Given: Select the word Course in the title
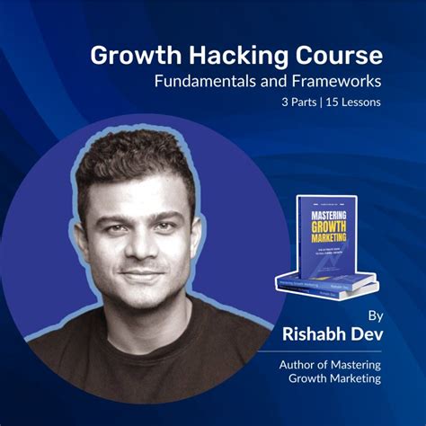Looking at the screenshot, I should point(334,56).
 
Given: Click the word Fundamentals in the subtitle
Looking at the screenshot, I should point(209,82).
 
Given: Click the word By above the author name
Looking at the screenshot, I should point(375,315).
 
